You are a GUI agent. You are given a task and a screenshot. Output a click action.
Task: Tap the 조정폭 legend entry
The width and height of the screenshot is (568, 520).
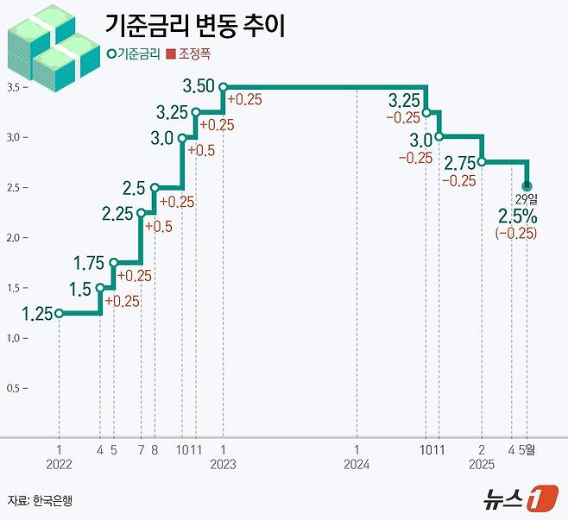tap(189, 54)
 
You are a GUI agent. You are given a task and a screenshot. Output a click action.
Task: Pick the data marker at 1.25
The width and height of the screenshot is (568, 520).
tap(59, 314)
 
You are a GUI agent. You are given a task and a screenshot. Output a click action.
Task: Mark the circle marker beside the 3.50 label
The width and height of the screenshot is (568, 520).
tap(223, 86)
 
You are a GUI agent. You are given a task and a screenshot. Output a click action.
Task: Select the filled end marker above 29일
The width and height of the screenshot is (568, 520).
tap(527, 186)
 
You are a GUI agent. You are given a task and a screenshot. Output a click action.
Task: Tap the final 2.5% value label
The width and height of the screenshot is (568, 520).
tap(517, 216)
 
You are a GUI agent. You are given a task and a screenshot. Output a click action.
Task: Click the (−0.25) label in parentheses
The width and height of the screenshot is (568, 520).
tap(516, 234)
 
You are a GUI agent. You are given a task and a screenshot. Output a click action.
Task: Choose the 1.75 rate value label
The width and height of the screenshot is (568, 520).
tap(90, 262)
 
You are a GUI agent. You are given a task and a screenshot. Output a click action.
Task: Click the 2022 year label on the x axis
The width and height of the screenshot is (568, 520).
tap(60, 463)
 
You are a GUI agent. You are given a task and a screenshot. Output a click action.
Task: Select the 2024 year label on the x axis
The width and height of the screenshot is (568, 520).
tap(357, 463)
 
